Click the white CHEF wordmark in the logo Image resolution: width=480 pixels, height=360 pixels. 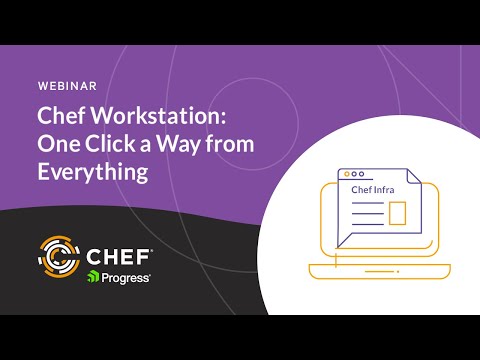(122, 252)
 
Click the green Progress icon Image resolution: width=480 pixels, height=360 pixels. (93, 276)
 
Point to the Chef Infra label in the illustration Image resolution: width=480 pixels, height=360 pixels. (373, 189)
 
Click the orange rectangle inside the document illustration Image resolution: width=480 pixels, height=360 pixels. (397, 213)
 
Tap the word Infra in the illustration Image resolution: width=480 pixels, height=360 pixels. (385, 189)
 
